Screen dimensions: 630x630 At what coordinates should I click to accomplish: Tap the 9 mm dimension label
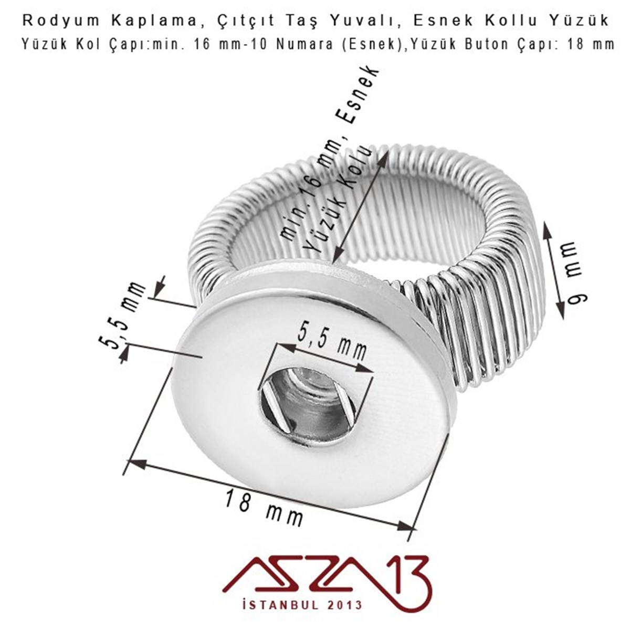pyautogui.click(x=577, y=273)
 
